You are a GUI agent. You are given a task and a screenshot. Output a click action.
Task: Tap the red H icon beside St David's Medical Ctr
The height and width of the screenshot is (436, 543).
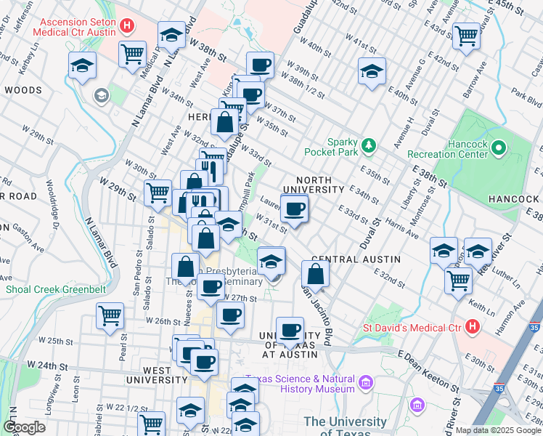(x=473, y=327)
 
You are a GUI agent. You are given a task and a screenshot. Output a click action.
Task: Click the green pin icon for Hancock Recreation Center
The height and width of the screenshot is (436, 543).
(x=498, y=149)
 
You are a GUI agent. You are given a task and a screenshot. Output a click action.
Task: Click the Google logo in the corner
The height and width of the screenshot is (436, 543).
(x=24, y=427)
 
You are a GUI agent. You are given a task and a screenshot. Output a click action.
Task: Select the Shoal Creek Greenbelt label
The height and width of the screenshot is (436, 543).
(x=56, y=289)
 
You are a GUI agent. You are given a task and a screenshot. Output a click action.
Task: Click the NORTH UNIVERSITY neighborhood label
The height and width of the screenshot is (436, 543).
(x=314, y=185)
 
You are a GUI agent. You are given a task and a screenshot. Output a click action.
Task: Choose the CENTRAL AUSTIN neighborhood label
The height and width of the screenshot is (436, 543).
(x=348, y=259)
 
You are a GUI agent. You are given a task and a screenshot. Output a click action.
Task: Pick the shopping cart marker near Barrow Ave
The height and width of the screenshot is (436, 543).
(x=466, y=35)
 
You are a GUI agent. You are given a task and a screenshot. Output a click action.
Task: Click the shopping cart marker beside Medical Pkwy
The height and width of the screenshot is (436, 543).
(x=133, y=53)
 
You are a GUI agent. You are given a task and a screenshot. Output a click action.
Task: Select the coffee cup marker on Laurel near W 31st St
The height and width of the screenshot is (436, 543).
(x=294, y=210)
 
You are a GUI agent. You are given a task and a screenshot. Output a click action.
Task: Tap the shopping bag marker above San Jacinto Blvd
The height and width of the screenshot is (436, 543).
(x=316, y=275)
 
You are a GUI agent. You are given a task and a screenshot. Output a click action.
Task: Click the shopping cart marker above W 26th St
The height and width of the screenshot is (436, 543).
(x=110, y=316)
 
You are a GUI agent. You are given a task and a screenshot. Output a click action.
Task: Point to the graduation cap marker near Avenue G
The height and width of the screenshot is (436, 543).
(x=372, y=71)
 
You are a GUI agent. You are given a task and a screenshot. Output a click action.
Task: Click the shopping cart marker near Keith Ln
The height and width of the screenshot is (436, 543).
(x=459, y=280)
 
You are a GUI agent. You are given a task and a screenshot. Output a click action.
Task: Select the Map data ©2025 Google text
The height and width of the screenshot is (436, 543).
(x=499, y=430)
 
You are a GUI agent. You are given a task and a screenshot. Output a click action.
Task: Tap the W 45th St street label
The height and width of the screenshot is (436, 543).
(x=517, y=6)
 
